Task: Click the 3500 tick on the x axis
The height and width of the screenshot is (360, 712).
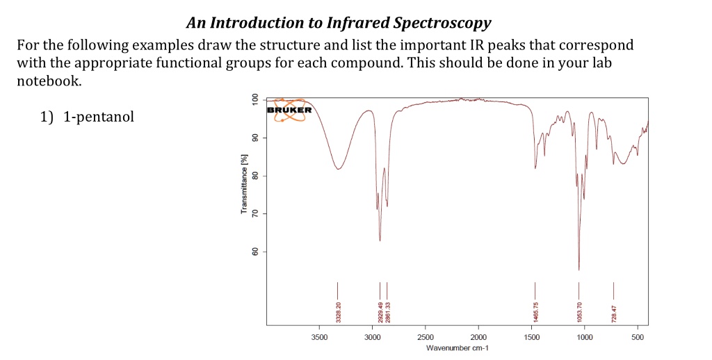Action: click(319, 337)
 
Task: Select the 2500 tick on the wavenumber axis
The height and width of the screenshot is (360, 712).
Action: click(426, 337)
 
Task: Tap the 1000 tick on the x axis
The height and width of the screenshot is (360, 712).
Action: click(585, 337)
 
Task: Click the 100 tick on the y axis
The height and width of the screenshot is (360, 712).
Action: click(255, 99)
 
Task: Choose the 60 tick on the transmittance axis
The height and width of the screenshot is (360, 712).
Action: click(255, 251)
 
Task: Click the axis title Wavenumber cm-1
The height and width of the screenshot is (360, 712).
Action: click(456, 348)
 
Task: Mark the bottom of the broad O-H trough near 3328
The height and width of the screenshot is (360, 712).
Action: click(338, 169)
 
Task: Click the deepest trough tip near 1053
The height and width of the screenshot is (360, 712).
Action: click(578, 270)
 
